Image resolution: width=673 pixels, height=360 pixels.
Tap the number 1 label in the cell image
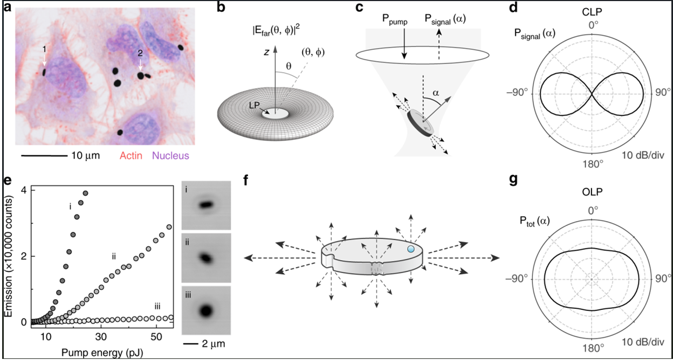tap(44, 49)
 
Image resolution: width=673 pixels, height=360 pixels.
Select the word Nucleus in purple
tap(171, 156)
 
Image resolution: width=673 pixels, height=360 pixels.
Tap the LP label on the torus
tap(258, 106)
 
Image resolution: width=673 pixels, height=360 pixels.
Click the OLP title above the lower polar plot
tap(593, 191)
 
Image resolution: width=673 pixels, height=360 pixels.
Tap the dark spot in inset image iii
tap(205, 310)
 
